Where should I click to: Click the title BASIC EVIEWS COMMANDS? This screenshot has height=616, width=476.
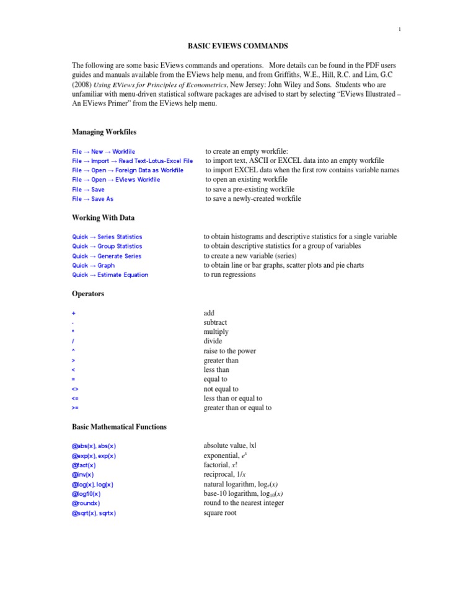click(x=237, y=46)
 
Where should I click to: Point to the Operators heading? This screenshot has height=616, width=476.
click(x=88, y=293)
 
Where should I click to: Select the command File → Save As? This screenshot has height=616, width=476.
click(x=92, y=199)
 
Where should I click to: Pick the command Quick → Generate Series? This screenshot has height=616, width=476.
click(x=107, y=256)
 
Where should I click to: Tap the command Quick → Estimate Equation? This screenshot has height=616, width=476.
click(x=110, y=275)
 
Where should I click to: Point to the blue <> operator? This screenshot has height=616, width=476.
click(x=75, y=389)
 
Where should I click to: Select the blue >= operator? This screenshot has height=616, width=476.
click(x=75, y=408)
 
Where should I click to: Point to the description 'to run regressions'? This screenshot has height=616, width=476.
click(x=229, y=275)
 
